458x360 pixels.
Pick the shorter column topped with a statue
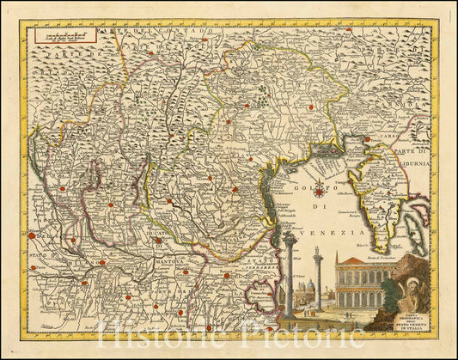point(318,279)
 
